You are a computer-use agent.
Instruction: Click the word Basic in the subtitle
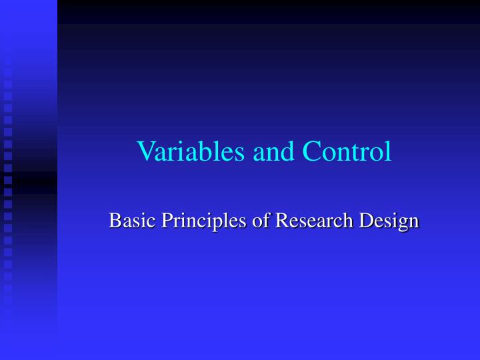(x=127, y=220)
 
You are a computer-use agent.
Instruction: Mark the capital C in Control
(x=311, y=152)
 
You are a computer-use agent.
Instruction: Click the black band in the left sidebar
(x=29, y=182)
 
